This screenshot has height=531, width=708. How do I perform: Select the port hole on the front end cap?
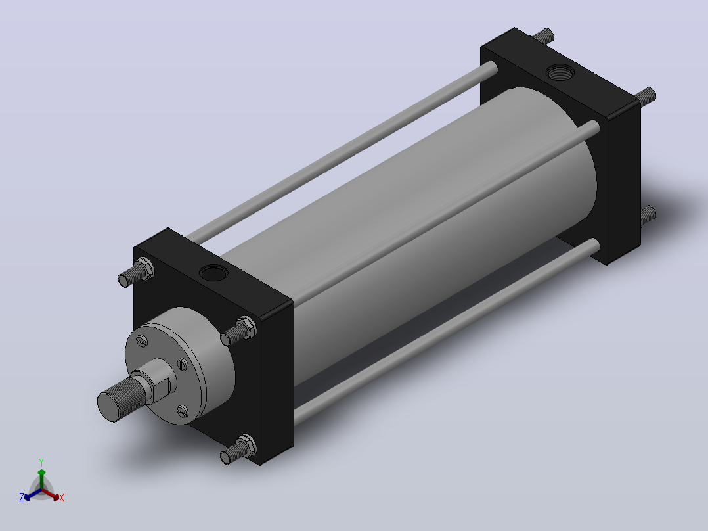213,273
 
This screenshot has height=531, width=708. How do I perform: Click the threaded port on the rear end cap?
560,72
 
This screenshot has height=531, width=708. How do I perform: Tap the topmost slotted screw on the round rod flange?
143,340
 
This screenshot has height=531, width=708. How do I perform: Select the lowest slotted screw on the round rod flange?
183,411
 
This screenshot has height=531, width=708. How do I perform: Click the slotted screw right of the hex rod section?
183,364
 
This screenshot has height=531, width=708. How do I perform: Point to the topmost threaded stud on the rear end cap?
543,35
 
